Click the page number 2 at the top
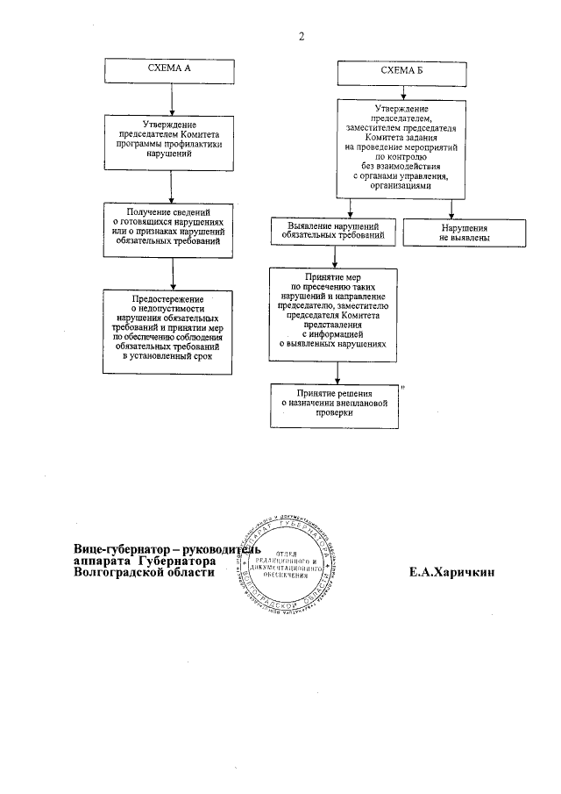(301, 37)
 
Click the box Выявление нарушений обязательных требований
(332, 232)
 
